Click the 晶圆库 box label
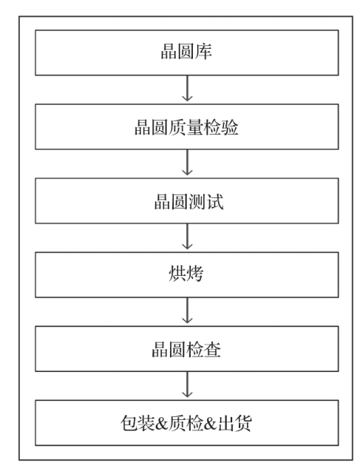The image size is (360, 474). click(186, 51)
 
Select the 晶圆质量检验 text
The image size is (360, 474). click(186, 127)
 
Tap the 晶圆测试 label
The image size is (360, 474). click(189, 201)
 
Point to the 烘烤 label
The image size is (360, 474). click(186, 274)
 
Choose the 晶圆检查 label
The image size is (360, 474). click(186, 349)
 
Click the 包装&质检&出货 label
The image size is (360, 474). click(186, 423)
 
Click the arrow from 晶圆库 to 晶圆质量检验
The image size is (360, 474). click(188, 88)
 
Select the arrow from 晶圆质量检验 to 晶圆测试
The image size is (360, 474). click(188, 163)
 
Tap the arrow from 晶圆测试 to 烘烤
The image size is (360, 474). click(188, 237)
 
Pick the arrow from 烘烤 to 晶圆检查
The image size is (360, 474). click(188, 311)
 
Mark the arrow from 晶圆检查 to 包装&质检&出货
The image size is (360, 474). click(188, 385)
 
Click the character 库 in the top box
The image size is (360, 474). click(204, 51)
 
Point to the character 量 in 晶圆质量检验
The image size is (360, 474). click(195, 127)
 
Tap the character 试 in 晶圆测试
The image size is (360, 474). click(215, 201)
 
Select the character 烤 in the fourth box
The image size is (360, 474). click(195, 274)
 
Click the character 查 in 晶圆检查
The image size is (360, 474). click(212, 349)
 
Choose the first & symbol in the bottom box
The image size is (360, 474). click(162, 423)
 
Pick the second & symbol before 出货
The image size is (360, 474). click(210, 423)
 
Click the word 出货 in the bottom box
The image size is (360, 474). click(234, 423)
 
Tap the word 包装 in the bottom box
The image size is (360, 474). click(137, 423)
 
